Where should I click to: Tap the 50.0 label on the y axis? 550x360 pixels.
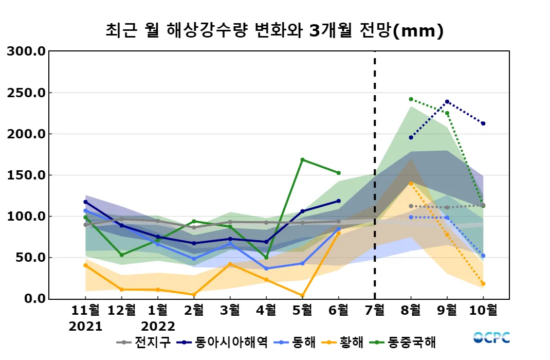click(30, 257)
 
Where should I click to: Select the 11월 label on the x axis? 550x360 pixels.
click(85, 311)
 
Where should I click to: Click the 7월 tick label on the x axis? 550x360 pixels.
click(374, 311)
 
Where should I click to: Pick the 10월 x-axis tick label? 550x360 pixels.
click(483, 311)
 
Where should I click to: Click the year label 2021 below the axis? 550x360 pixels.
click(85, 326)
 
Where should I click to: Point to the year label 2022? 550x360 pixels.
click(158, 326)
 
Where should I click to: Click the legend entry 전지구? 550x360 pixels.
click(150, 342)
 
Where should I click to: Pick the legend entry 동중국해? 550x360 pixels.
click(411, 342)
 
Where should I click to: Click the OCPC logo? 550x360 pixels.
click(491, 337)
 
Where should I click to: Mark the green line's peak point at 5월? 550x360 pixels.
click(302, 159)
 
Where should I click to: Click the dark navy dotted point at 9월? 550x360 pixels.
click(447, 102)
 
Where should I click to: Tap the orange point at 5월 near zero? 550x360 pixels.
click(302, 296)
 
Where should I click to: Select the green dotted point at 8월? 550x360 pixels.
click(411, 99)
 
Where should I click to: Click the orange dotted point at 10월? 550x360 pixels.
click(483, 283)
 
